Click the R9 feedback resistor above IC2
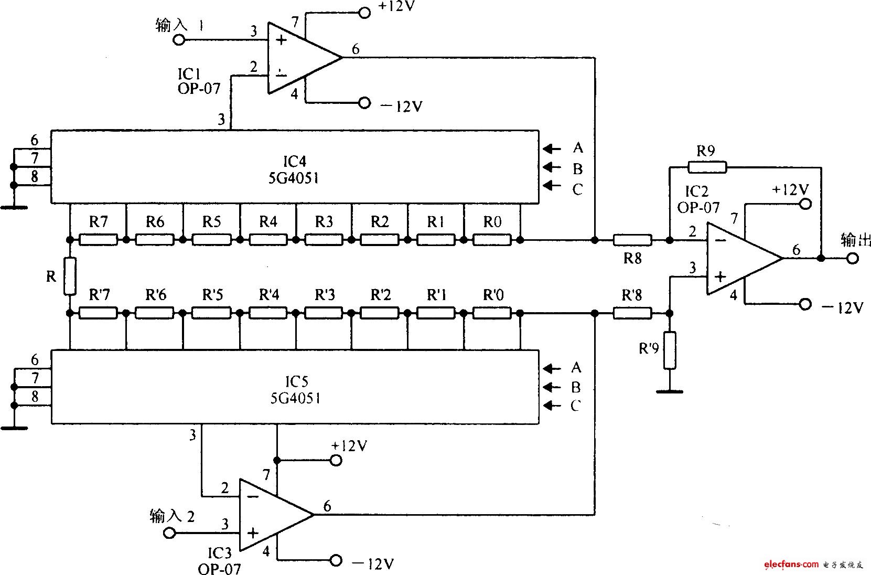pos(707,167)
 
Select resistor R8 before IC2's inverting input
pos(632,240)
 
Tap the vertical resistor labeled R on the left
pos(70,276)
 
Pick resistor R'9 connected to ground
pos(670,350)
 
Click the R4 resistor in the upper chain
pos(268,240)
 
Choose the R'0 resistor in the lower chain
pos(492,313)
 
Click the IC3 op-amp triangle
pos(270,514)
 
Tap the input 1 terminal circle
pos(179,40)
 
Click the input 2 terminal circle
pos(169,534)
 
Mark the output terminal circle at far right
pos(853,258)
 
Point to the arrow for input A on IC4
pos(552,148)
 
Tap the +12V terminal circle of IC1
pos(364,13)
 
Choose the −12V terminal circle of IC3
pos(336,560)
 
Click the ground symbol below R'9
pos(670,390)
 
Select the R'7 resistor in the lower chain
pos(98,313)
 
